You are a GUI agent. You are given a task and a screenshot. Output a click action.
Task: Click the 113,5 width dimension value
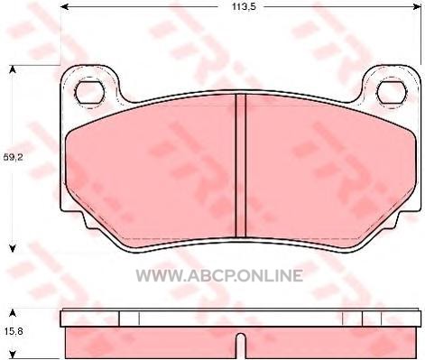coord(244,7)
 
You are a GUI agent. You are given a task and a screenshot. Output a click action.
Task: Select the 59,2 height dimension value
coord(13,157)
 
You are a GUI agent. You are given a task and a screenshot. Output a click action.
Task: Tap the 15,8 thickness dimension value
coord(13,331)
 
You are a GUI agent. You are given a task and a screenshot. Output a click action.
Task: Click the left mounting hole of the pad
coord(90,93)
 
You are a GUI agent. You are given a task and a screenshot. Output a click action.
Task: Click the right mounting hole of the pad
coord(393,92)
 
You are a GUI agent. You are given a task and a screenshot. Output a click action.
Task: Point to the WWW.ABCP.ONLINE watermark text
coord(219,275)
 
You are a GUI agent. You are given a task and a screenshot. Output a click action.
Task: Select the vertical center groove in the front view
coord(241,165)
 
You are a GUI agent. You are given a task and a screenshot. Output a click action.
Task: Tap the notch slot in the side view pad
coord(240,346)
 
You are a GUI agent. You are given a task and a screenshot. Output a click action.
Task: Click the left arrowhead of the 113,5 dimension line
coord(65,6)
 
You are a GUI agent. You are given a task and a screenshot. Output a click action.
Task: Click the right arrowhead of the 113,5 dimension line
coord(417,6)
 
